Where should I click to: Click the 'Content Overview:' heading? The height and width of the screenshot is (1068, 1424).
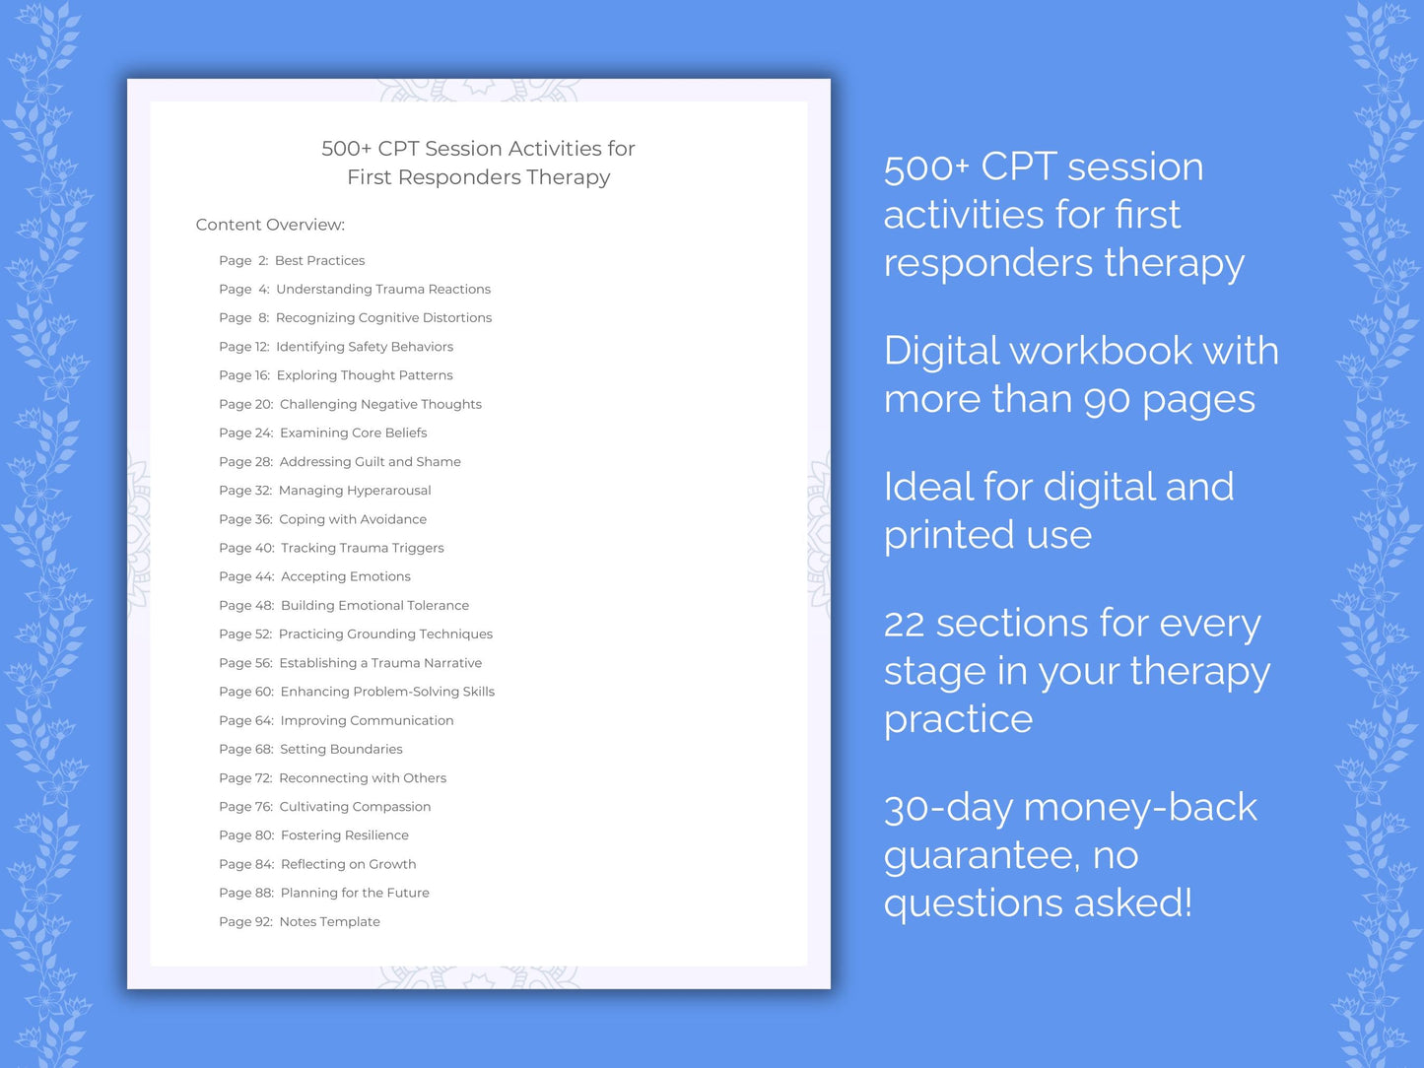click(270, 225)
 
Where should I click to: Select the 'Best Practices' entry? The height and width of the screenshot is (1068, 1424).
click(319, 260)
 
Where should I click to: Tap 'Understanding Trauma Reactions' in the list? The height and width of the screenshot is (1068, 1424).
click(382, 289)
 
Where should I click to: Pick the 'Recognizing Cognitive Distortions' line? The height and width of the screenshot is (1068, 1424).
click(383, 317)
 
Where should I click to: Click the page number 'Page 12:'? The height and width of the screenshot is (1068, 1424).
click(243, 347)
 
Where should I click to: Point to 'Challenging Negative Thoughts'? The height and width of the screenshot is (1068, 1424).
click(380, 404)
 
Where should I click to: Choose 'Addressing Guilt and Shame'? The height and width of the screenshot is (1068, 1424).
click(370, 461)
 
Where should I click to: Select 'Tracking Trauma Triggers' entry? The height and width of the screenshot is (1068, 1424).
click(362, 548)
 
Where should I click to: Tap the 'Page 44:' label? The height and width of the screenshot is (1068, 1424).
click(246, 576)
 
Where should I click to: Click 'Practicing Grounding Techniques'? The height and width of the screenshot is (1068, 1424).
click(385, 634)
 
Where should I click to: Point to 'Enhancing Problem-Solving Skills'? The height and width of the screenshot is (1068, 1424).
click(387, 692)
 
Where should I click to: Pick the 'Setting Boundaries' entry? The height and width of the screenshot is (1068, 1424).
click(341, 749)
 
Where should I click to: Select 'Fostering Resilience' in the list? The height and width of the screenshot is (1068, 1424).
click(344, 835)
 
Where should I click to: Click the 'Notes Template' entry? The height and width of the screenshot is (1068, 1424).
click(329, 921)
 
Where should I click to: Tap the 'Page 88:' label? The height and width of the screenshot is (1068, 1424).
click(246, 893)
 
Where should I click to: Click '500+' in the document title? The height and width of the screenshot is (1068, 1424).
click(346, 149)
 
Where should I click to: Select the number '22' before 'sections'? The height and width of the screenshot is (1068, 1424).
click(904, 625)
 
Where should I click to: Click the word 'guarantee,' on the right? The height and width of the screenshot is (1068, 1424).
click(982, 856)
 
